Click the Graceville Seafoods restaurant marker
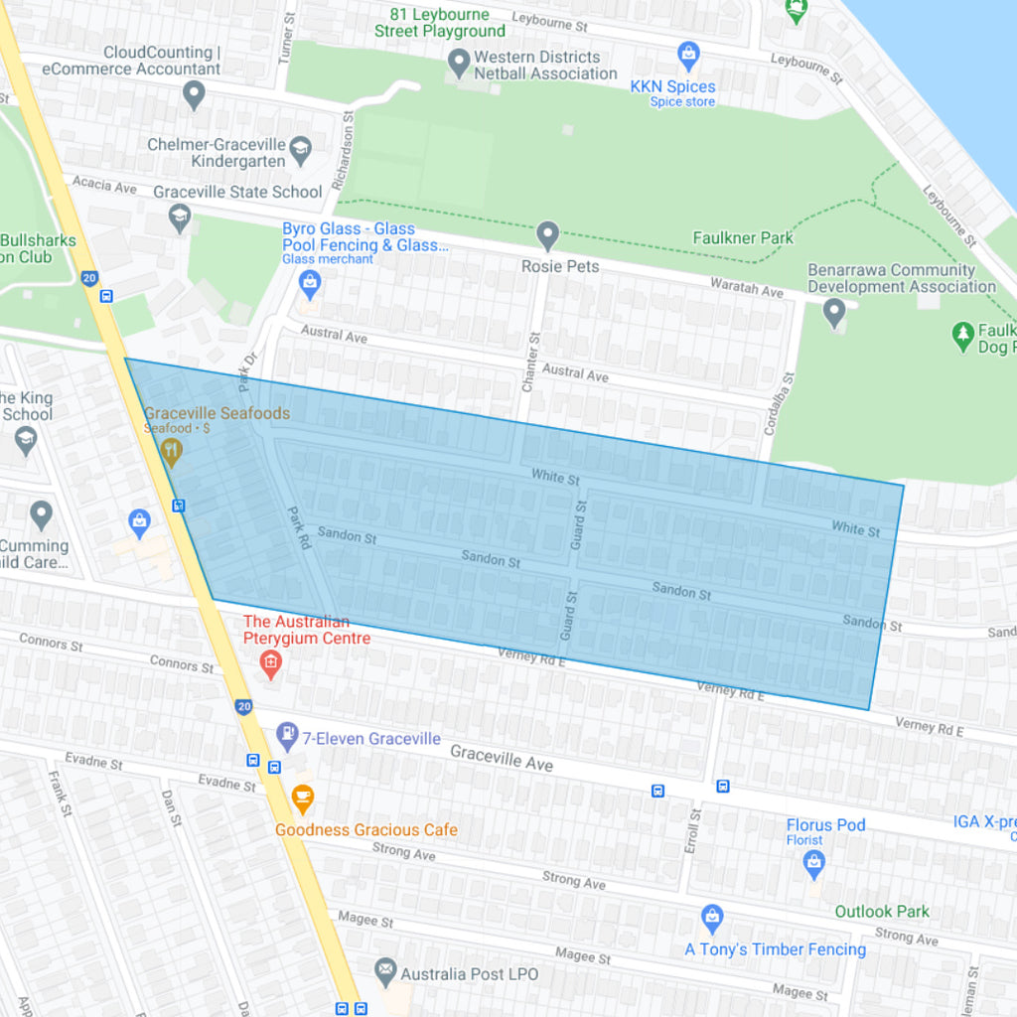(173, 452)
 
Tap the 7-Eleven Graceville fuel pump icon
(287, 735)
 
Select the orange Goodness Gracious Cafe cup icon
(303, 798)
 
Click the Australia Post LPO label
(470, 973)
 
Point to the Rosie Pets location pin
(547, 235)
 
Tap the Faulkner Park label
(743, 237)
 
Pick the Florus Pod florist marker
(814, 864)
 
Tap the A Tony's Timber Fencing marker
(711, 919)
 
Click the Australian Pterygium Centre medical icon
(270, 662)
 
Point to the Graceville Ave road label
(501, 759)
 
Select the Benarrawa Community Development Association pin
(834, 313)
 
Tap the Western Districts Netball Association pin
(458, 64)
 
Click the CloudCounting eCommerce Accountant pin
(194, 94)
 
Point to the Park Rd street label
(299, 527)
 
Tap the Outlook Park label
(882, 911)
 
